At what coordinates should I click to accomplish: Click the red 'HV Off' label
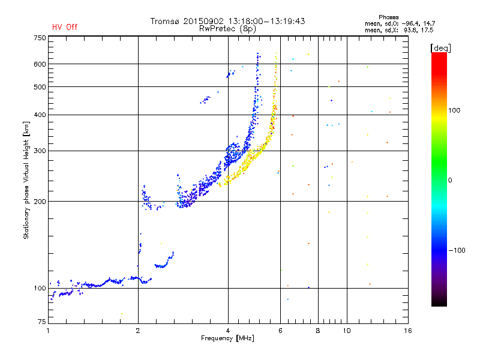pos(65,27)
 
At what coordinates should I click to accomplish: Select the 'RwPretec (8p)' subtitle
pos(227,29)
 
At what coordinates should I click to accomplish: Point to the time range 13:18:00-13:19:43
pos(266,21)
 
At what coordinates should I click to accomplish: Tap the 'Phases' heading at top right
pos(388,17)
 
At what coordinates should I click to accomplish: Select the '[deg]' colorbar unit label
pos(440,48)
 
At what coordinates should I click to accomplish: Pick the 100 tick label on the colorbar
pos(454,110)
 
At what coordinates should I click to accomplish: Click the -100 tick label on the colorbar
pos(457,250)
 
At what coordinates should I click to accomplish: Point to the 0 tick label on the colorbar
pos(450,181)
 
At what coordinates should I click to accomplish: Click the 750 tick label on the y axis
pos(40,38)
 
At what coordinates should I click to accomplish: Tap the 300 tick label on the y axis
pos(40,151)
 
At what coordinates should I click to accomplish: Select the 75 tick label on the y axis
pos(42,322)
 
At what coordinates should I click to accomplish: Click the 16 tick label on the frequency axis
pos(407,331)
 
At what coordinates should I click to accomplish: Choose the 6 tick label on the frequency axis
pos(280,331)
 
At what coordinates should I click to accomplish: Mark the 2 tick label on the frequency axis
pos(138,331)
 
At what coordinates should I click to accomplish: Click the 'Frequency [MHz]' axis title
pos(227,338)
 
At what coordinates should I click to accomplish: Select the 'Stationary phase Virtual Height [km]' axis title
pos(26,181)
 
